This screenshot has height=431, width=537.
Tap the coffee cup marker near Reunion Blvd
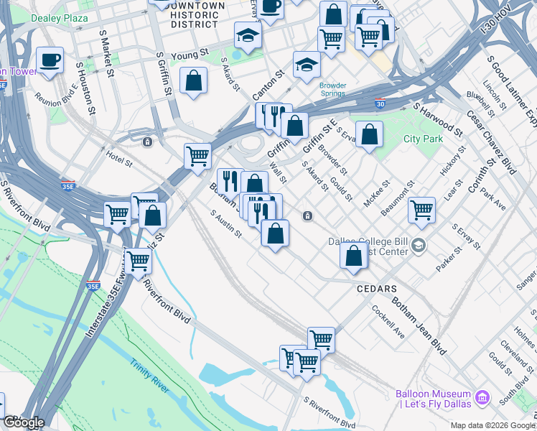coord(50,61)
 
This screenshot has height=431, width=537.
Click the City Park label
coord(423,139)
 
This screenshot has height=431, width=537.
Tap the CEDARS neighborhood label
coord(376,288)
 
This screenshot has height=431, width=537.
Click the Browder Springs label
coord(332,89)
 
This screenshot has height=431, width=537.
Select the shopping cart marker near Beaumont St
coord(421,210)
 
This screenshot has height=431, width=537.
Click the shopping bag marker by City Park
coord(368,134)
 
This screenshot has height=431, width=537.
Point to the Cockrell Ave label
coord(388,323)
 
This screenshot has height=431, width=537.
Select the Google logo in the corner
coord(23,422)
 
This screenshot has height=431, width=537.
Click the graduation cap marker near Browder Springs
coord(307,65)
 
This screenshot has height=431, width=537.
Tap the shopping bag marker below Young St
coord(194,81)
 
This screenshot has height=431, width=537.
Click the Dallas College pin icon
coord(418,247)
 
